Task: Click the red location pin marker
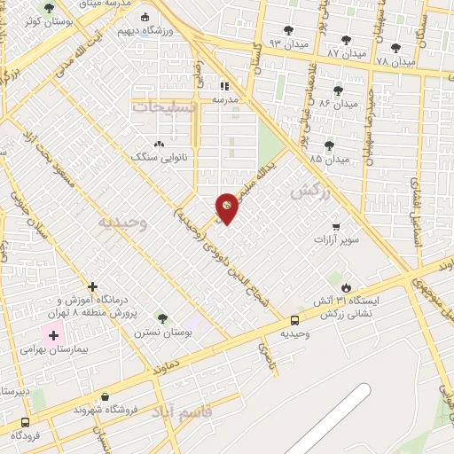227,207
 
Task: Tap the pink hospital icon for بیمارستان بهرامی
52,336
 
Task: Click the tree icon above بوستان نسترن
161,317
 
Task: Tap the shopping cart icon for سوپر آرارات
336,226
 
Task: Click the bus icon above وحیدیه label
294,319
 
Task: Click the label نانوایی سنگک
156,157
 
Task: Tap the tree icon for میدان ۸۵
329,145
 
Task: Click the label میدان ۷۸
395,62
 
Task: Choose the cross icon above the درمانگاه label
92,286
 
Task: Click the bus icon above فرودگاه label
25,423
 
